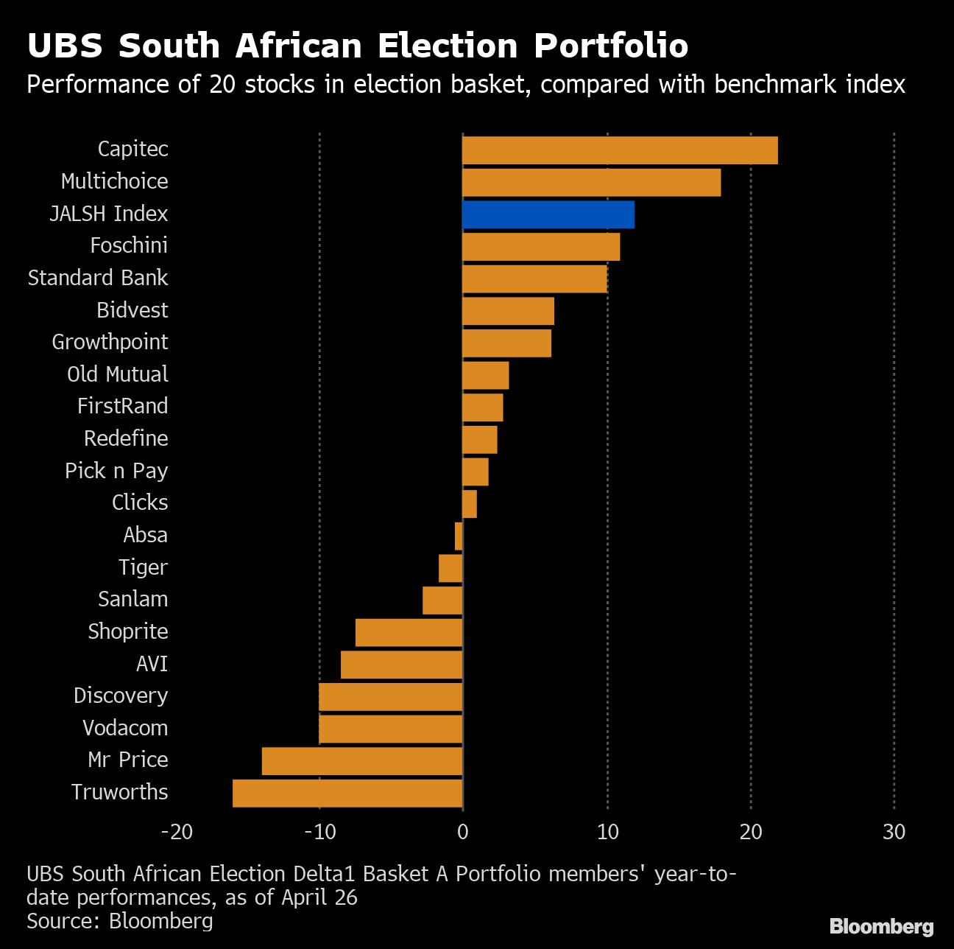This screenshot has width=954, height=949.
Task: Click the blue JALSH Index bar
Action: tap(548, 214)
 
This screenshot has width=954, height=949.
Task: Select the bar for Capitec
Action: tap(620, 150)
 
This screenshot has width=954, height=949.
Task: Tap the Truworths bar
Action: tap(347, 794)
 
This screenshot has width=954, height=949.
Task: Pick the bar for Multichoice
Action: tap(591, 183)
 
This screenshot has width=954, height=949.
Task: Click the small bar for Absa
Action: tap(459, 536)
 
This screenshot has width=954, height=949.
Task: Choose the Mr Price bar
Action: tap(362, 761)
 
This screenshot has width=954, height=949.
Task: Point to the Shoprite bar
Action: tap(409, 633)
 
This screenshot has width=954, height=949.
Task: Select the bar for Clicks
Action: tap(470, 504)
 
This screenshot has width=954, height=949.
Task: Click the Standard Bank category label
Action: tap(98, 278)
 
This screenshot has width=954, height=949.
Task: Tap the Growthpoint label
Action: tap(110, 342)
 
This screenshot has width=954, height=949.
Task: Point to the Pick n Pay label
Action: tap(116, 471)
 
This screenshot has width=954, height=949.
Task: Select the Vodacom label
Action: tap(125, 728)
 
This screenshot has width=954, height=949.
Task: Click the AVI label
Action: tap(152, 664)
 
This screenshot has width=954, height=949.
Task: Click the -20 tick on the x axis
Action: tap(177, 832)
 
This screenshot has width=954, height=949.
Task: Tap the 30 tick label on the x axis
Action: tap(894, 832)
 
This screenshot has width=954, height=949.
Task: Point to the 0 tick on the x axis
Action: tap(462, 832)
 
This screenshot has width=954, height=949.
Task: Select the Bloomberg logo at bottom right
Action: tap(881, 926)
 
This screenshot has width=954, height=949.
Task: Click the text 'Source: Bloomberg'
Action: tap(120, 921)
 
